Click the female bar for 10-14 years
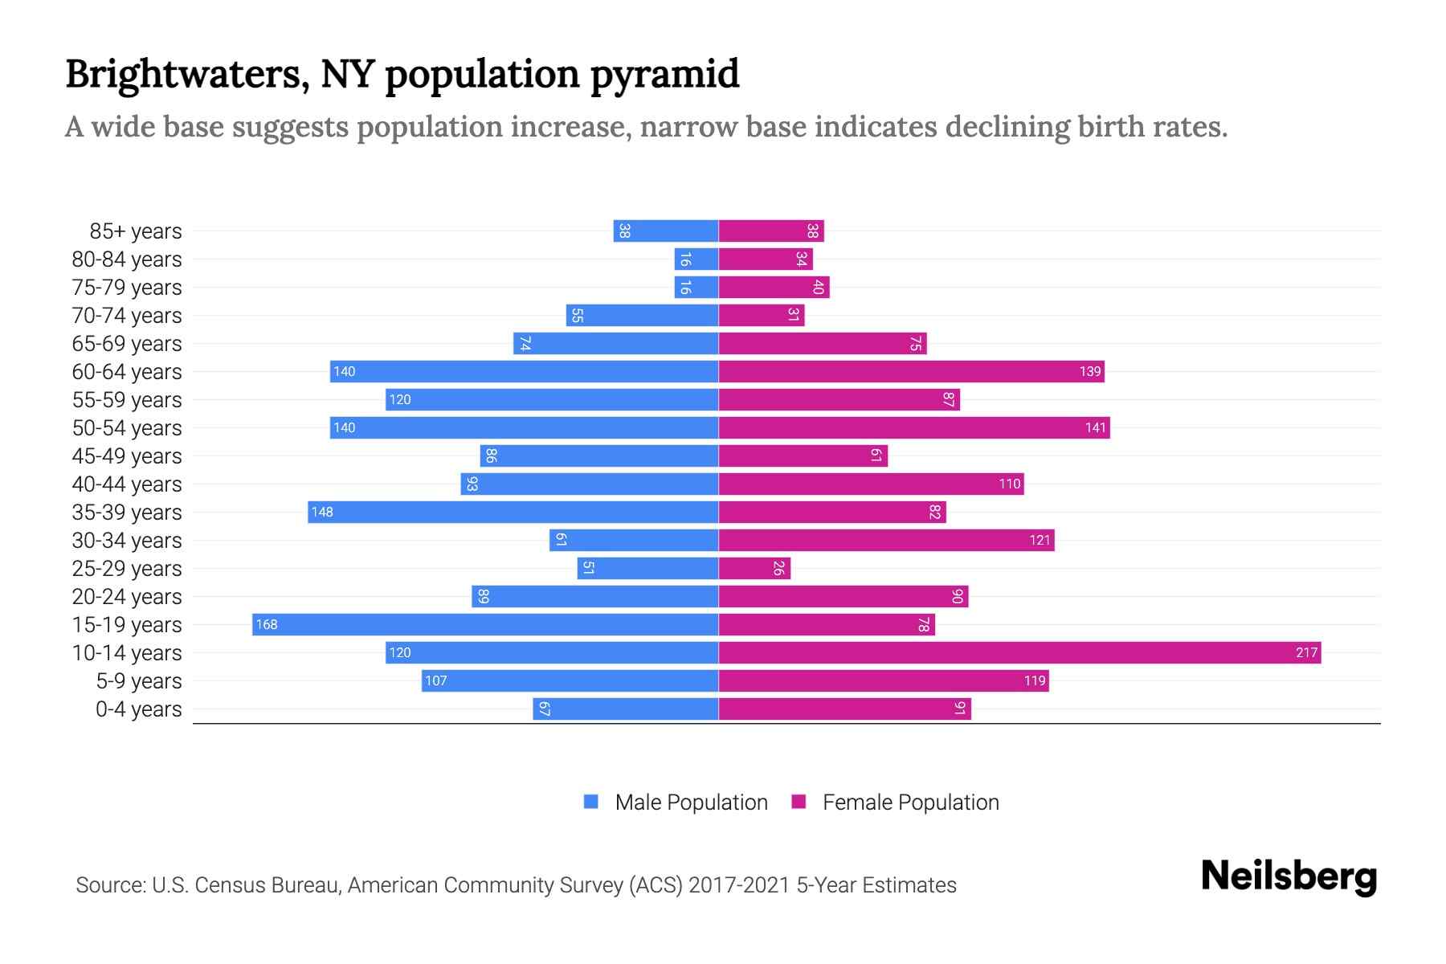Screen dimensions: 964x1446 click(1019, 652)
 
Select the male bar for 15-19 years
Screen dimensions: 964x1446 click(485, 624)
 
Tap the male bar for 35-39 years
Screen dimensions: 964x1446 click(513, 512)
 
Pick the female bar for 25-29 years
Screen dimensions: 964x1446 click(754, 568)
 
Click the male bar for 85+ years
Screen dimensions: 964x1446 click(665, 231)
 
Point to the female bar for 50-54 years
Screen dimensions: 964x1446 click(914, 427)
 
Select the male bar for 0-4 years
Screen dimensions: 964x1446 click(625, 709)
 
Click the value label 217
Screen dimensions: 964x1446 click(1306, 652)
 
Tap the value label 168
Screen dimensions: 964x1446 click(267, 624)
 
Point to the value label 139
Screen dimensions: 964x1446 click(1090, 371)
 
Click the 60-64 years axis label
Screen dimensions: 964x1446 click(127, 372)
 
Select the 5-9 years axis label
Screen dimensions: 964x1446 click(138, 681)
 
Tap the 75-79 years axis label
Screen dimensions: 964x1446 click(127, 288)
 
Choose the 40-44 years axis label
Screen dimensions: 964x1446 click(127, 484)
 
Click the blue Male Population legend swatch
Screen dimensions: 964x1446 click(591, 802)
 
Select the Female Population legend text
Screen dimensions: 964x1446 click(910, 802)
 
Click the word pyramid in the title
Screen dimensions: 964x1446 click(664, 75)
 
